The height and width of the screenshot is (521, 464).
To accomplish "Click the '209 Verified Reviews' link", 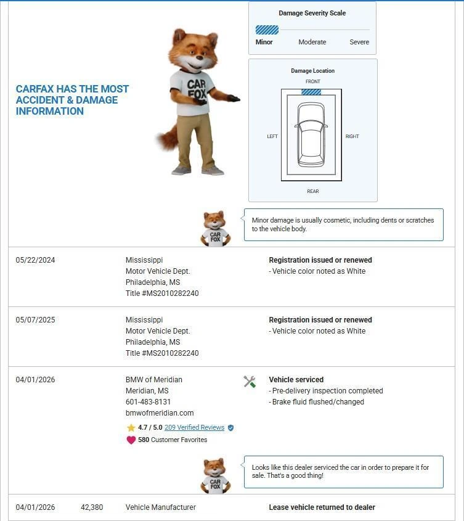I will coord(194,427).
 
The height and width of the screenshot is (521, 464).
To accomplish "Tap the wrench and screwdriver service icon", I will coord(250,382).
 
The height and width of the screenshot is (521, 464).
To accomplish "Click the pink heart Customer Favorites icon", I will coord(131,440).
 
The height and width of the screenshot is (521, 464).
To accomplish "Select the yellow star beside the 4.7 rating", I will coord(131,427).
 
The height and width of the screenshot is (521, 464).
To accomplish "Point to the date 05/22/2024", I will coord(35,260).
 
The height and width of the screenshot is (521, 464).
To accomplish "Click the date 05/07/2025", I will coord(35,320).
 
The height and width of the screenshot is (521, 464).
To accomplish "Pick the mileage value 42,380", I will coord(92,507).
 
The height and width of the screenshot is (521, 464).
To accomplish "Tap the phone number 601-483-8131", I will coord(148,402).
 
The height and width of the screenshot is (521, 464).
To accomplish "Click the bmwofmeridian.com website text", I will coord(160,413).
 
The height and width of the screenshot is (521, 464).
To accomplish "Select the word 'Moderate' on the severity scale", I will coord(312,42).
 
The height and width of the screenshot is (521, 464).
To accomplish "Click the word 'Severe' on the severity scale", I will coord(359,42).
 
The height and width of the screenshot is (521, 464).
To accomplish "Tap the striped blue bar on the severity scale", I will coord(267,30).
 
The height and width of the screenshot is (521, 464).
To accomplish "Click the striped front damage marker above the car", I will coord(311,92).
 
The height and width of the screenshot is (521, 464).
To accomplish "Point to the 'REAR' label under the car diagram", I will coord(313,191).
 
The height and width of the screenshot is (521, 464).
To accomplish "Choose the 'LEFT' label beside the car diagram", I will coord(272,136).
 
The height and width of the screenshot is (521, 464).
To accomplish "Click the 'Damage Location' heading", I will coord(312,71).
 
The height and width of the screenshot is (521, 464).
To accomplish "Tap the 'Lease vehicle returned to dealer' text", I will coord(322,507).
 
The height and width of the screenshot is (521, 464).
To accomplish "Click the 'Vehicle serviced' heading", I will coord(296,380).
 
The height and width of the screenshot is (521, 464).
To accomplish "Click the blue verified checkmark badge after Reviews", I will coord(231,427).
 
